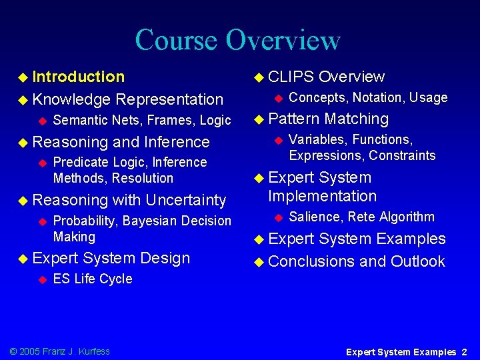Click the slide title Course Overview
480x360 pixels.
pos(238,39)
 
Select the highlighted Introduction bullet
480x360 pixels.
pos(78,77)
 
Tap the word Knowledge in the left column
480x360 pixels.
pos(71,99)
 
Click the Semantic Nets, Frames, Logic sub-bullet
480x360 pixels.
pos(141,121)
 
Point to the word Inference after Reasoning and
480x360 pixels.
pos(176,142)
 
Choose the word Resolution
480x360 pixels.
pos(143,178)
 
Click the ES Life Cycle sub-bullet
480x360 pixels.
pos(92,279)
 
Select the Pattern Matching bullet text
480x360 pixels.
pos(328,119)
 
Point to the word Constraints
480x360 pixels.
pos(402,156)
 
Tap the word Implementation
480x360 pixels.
pos(322,196)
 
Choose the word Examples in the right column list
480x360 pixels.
pos(411,239)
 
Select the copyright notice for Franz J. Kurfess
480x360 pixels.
pos(59,351)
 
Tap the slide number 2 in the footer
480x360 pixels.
pos(464,352)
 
